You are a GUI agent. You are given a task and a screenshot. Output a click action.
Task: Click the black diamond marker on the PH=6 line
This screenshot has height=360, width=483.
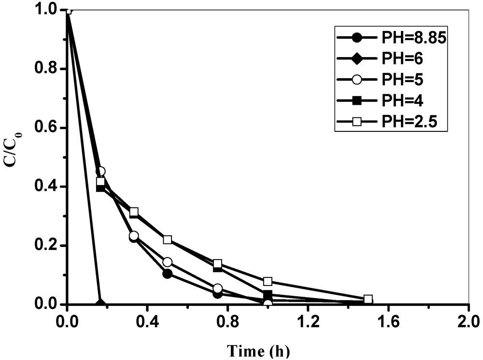tap(100, 304)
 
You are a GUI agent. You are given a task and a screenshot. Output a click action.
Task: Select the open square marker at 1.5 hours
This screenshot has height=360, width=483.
tap(368, 300)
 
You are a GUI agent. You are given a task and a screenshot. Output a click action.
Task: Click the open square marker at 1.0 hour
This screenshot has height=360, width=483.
tap(268, 281)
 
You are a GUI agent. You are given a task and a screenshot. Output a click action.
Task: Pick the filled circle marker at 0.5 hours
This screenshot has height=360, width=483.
tap(168, 274)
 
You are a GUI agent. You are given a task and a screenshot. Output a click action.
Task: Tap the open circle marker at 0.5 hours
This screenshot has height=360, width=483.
tap(168, 262)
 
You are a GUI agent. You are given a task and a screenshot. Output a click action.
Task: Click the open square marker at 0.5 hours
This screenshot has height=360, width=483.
tap(168, 240)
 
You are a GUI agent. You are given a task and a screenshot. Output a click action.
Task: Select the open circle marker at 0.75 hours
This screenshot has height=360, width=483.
tap(217, 288)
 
